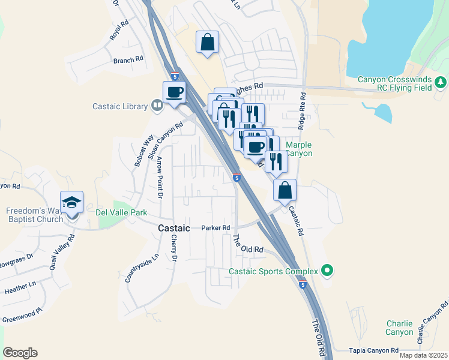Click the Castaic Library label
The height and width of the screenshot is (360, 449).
click(x=120, y=107)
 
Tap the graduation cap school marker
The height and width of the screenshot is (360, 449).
click(x=71, y=203)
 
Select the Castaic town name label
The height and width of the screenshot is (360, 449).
click(x=174, y=229)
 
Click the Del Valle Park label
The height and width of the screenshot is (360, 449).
click(x=122, y=212)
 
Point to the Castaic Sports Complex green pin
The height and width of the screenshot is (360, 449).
click(x=327, y=271)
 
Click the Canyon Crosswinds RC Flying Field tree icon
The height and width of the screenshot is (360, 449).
click(x=441, y=81)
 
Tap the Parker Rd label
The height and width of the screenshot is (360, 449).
click(x=216, y=228)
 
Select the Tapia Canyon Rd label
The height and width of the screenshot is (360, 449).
click(x=374, y=350)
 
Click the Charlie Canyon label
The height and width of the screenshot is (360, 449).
click(x=399, y=328)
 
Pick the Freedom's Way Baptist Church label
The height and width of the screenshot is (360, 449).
click(x=35, y=215)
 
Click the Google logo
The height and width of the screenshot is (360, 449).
click(x=20, y=353)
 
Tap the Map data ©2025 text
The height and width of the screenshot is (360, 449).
click(x=423, y=355)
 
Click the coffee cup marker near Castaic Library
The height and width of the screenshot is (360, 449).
click(x=174, y=92)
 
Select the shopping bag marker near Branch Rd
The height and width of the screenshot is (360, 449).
click(x=207, y=42)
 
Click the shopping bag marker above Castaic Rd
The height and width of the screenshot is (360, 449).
click(x=285, y=190)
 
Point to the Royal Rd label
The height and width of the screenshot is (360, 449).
click(x=119, y=31)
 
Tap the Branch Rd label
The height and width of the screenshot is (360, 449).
click(x=128, y=60)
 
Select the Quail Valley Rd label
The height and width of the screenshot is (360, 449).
click(x=62, y=245)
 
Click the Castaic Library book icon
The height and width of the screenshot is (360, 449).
click(x=157, y=106)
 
